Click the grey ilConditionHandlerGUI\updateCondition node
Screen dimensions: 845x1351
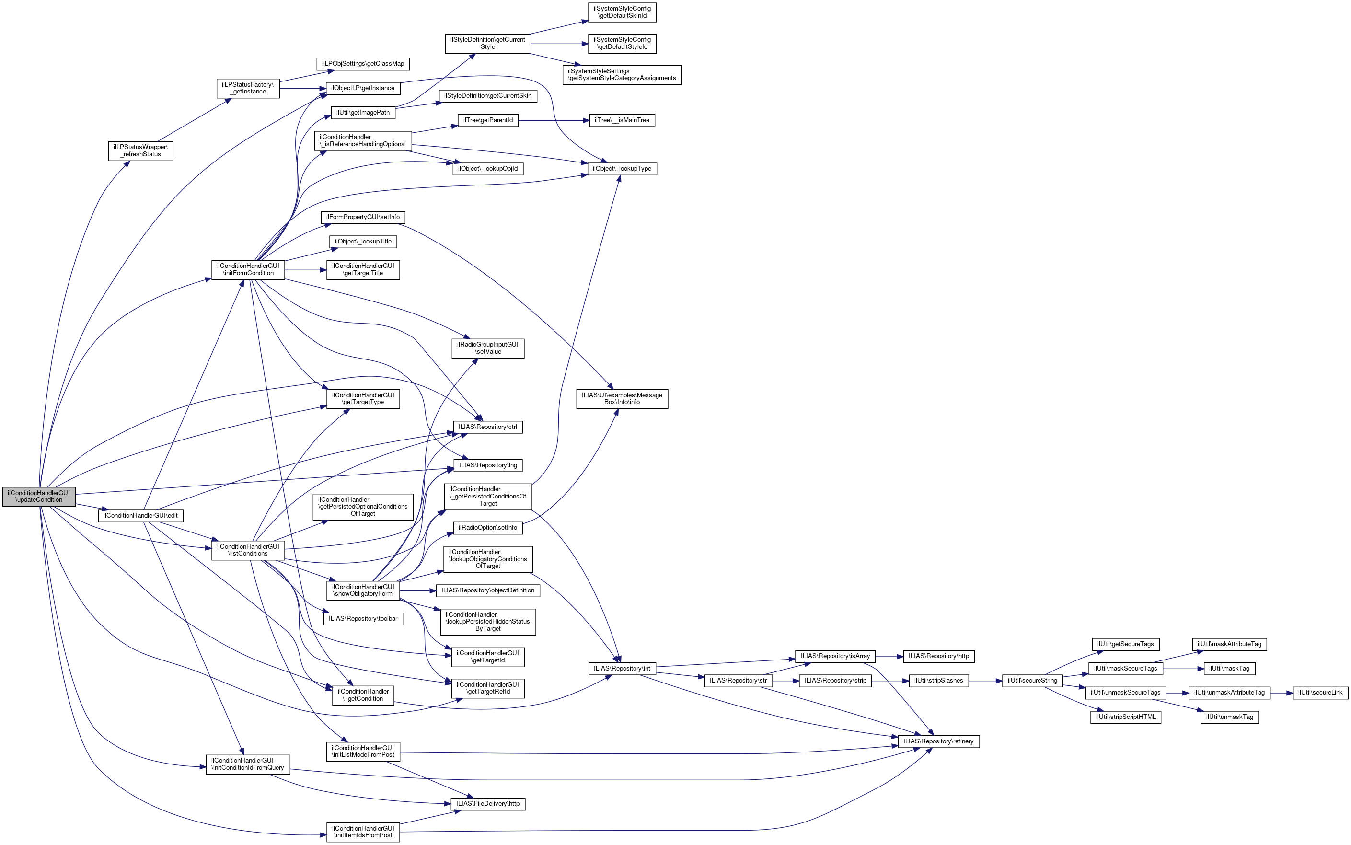(38, 496)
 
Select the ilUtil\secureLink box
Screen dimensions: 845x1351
(1320, 693)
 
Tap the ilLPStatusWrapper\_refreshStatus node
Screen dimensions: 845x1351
(141, 151)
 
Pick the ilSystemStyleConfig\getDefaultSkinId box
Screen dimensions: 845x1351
(622, 12)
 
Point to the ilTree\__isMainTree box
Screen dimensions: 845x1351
(622, 120)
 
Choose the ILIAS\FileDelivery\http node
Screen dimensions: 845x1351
(488, 804)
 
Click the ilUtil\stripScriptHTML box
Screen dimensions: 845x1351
(1125, 717)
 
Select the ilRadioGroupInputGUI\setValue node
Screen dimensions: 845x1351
(488, 348)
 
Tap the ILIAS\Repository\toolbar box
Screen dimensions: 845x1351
(363, 619)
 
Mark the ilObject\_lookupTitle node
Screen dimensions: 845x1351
(363, 242)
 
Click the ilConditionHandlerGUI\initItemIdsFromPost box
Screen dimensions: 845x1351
(363, 832)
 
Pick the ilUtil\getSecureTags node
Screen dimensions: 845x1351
(1125, 644)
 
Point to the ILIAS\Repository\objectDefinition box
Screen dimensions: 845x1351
(488, 590)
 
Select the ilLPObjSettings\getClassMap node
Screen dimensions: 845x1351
(363, 64)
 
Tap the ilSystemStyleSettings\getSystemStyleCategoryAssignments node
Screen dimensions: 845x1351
(622, 75)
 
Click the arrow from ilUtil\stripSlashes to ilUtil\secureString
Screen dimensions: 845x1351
(985, 681)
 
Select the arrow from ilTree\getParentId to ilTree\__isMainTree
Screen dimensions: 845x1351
(553, 120)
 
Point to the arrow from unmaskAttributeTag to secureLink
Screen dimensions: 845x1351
(1281, 693)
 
